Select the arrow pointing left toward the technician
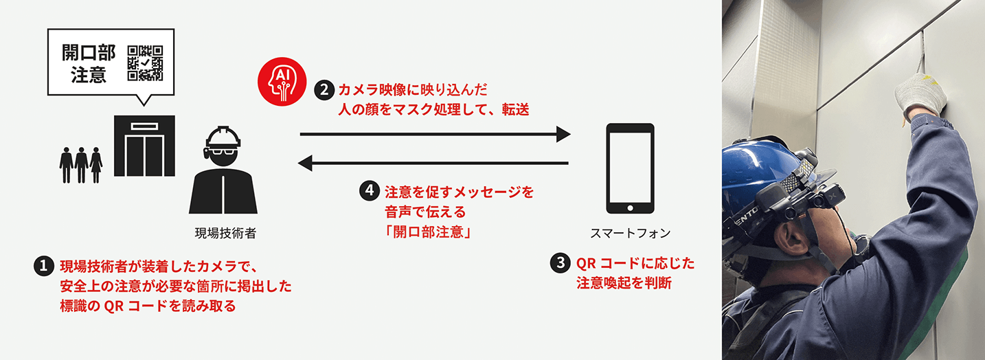click(x=433, y=164)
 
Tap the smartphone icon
click(x=629, y=168)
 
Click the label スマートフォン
click(x=630, y=234)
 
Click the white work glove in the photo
click(x=921, y=96)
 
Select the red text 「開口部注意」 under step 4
click(x=427, y=233)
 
